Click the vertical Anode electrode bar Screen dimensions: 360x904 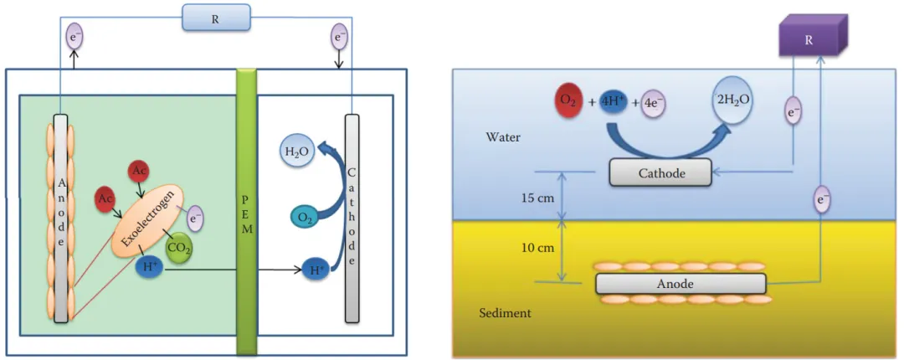[60, 218]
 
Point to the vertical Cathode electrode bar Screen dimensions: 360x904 [352, 218]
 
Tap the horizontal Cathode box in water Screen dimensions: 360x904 [660, 173]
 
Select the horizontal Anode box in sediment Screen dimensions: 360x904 [680, 283]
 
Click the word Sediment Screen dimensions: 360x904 [505, 313]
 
